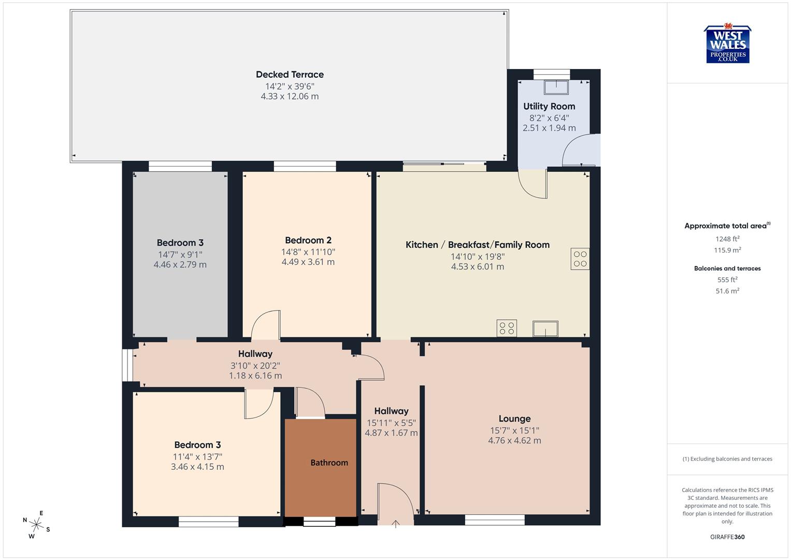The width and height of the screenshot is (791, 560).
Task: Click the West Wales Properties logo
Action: (x=727, y=45)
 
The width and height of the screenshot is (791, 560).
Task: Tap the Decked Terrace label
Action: (x=290, y=75)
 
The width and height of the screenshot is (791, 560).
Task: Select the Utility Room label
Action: (x=549, y=106)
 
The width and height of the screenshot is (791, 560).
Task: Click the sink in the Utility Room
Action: (x=556, y=87)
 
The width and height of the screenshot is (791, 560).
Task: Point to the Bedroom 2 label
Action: (x=308, y=240)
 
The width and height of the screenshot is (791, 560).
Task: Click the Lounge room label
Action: (x=514, y=418)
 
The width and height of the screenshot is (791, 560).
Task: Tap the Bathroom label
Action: (x=329, y=463)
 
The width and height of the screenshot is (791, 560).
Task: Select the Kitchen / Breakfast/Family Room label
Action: (x=477, y=245)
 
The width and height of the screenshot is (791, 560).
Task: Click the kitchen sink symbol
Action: (x=545, y=329)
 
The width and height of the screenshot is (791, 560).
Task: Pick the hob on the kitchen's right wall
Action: (x=580, y=259)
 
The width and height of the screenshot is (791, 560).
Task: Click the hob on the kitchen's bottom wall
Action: (x=507, y=328)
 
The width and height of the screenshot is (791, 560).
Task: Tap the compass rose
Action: (x=36, y=524)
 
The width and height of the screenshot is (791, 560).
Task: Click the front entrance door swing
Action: (x=395, y=502)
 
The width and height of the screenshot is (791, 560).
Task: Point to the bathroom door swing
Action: (x=310, y=402)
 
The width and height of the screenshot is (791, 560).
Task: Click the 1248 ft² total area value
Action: (x=727, y=239)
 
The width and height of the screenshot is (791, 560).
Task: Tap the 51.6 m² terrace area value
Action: (x=727, y=291)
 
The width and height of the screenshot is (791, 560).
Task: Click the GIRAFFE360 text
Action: (x=727, y=537)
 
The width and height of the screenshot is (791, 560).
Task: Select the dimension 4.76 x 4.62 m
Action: (x=514, y=441)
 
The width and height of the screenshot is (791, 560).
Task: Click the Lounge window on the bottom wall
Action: (x=495, y=520)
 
